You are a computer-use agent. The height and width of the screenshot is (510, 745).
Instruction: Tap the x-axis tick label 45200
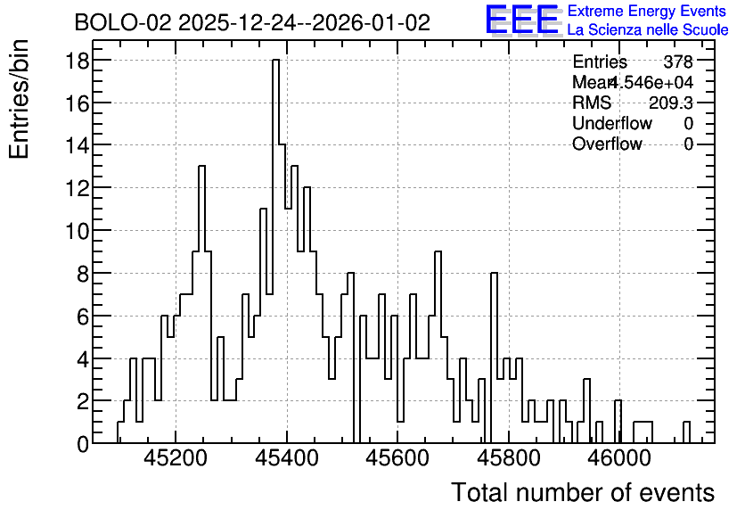(x=176, y=458)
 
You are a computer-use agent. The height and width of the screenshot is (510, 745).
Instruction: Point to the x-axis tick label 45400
(x=287, y=458)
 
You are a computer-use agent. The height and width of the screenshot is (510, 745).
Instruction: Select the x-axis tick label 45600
(x=397, y=458)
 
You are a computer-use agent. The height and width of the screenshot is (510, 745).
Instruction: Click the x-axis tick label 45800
(x=509, y=458)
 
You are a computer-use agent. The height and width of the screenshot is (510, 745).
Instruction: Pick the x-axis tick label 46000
(x=619, y=458)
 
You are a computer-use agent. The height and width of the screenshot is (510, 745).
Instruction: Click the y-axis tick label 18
(x=77, y=61)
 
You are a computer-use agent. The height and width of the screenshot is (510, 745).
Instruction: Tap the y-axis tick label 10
(x=77, y=231)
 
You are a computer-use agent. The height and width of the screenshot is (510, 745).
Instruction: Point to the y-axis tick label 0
(x=83, y=444)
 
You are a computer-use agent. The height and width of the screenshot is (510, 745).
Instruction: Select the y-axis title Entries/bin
(x=19, y=99)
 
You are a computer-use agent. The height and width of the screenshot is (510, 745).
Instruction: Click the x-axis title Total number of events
(x=583, y=492)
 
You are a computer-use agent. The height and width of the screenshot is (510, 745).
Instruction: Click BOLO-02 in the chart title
(x=123, y=22)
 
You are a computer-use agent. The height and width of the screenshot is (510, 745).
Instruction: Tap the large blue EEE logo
(x=522, y=20)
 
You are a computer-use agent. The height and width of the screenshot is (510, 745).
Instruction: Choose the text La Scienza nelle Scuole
(x=648, y=30)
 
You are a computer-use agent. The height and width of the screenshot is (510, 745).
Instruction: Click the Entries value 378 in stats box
(x=678, y=62)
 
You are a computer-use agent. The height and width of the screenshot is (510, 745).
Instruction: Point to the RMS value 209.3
(x=671, y=103)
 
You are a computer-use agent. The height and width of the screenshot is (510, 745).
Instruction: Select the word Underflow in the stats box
(x=612, y=123)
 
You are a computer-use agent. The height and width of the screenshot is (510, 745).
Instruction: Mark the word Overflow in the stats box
(x=607, y=144)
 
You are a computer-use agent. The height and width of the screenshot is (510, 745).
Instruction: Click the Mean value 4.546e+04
(x=651, y=82)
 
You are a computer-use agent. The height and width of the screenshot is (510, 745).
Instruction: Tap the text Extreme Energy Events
(x=647, y=11)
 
